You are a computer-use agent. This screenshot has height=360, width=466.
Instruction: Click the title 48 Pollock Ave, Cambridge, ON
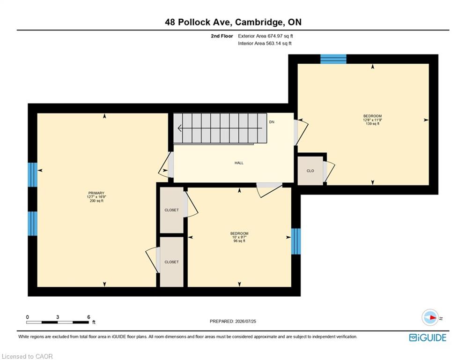pos(233,22)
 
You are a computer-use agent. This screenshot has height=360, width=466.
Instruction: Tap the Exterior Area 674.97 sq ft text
pos(266,36)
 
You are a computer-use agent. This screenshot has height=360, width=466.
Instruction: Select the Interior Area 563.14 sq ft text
pos(265,44)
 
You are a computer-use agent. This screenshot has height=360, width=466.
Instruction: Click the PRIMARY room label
pos(96,193)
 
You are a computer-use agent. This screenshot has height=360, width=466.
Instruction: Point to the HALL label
pos(239,163)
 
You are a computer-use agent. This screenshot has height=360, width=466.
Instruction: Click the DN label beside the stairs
pos(272,122)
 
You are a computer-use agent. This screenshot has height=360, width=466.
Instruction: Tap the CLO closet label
pos(310,171)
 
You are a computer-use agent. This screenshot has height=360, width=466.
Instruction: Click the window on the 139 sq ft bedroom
pos(333,59)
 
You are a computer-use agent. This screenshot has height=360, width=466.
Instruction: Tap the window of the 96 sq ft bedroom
pos(296,241)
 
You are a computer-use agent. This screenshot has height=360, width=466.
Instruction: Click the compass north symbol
pos(430,317)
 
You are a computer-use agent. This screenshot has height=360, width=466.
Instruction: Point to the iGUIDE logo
pos(428,337)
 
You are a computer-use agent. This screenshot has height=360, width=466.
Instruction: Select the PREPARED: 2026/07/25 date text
pos(233,321)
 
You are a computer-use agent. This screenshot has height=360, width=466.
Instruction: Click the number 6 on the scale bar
pos(89,317)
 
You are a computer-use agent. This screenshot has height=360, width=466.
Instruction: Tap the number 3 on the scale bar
pos(58,317)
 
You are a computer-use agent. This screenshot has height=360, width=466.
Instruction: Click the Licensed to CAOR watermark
pos(27,356)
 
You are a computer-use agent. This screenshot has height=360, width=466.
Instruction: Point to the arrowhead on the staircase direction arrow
pos(179,128)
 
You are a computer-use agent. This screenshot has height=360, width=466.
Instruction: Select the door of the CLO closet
pos(328,172)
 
